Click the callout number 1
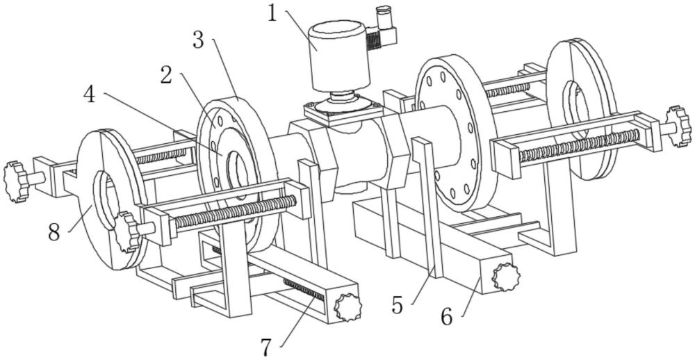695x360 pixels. point(272,13)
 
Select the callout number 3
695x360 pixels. point(198,40)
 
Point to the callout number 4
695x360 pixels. point(90,95)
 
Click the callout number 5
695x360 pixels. point(397,306)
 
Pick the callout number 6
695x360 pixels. point(447,318)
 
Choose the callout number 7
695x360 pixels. point(265,347)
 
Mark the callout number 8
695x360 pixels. point(54,232)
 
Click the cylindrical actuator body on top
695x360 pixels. point(339,56)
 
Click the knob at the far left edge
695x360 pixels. point(15,182)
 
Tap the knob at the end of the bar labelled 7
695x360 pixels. point(348,306)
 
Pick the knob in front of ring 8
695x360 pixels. point(127,232)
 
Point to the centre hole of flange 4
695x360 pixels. point(238,174)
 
